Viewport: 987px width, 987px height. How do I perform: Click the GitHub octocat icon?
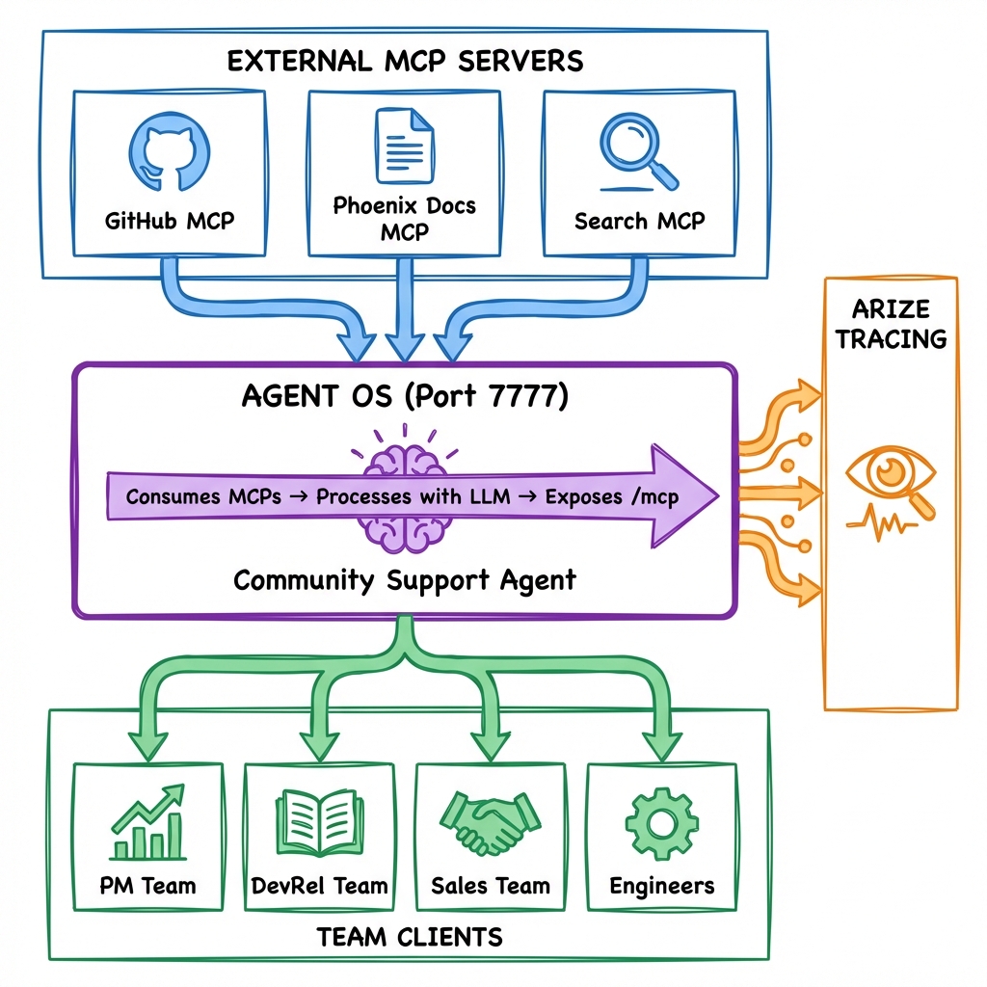tap(170, 152)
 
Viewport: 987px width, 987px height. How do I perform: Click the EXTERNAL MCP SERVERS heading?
tap(405, 61)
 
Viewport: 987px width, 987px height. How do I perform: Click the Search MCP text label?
tap(639, 221)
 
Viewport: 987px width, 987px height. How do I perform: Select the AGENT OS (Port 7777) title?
tap(405, 397)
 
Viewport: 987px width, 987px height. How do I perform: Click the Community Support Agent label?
tap(405, 580)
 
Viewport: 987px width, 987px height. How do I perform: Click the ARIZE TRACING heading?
tap(891, 324)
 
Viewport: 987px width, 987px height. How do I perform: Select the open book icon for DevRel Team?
tap(319, 824)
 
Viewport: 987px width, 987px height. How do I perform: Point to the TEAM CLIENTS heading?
tap(409, 935)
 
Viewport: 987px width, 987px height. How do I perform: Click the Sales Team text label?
tap(491, 886)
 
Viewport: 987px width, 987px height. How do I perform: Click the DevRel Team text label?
tap(319, 886)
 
